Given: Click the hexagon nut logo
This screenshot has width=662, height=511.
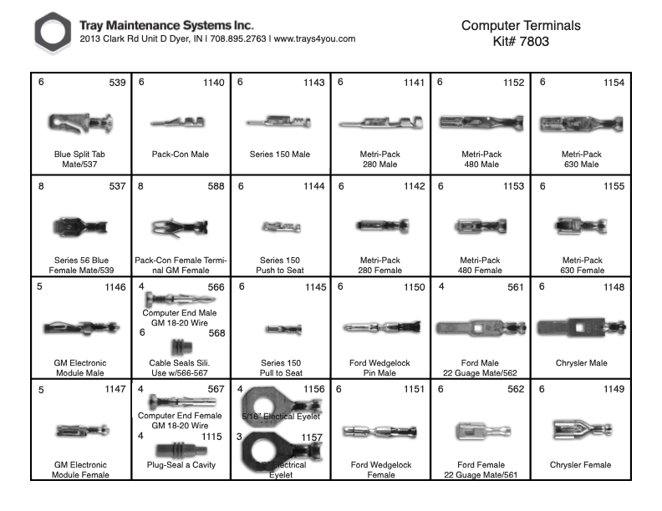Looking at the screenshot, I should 52,33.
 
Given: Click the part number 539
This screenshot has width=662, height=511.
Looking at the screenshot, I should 117,83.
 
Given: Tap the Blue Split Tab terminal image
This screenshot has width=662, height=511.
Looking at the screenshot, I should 80,124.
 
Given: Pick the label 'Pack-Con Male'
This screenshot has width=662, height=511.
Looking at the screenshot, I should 181,154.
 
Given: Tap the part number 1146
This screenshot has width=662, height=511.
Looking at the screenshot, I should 113,287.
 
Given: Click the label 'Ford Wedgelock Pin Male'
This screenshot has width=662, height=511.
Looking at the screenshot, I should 380,368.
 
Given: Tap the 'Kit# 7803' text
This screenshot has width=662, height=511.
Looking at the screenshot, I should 520,40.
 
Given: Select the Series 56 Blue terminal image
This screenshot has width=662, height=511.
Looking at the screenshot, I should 79,225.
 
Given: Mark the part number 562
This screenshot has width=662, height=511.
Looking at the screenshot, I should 514,389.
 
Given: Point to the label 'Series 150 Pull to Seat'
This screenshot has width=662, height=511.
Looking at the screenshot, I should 280,368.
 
